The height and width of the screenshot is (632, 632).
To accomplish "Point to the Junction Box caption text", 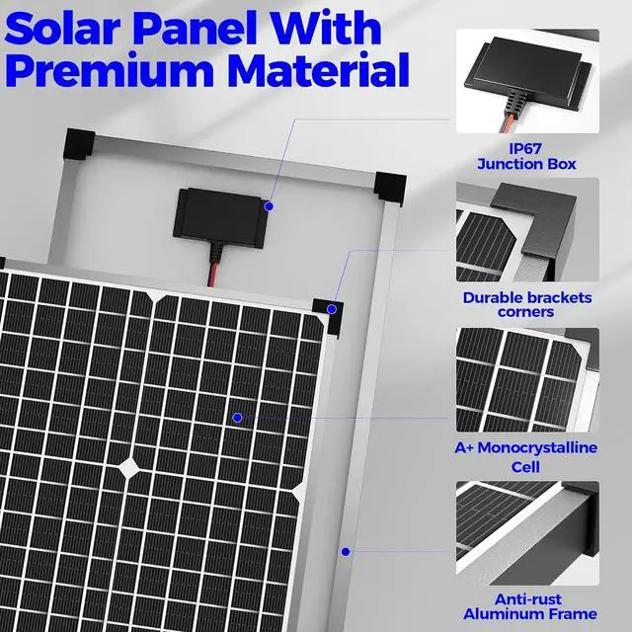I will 526,164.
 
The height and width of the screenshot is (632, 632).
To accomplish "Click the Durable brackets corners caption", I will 526,304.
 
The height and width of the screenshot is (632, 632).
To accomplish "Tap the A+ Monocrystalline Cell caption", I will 526,456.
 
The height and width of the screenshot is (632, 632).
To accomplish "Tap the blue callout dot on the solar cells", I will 237,418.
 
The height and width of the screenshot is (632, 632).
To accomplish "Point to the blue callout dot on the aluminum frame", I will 345,551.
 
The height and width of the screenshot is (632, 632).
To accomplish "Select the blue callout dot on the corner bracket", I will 333,309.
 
